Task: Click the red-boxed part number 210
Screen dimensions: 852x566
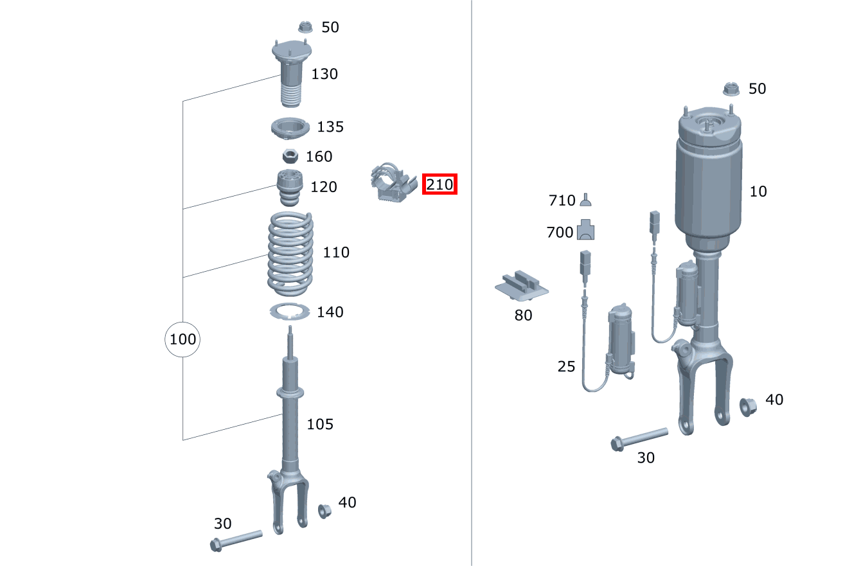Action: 439,184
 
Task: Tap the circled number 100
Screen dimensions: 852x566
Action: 182,339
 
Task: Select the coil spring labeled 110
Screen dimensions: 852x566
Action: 290,254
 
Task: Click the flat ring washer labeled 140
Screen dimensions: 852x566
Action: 289,312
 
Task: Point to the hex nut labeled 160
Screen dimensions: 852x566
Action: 290,156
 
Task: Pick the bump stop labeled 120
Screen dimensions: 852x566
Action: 290,188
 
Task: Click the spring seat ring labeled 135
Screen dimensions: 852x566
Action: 290,128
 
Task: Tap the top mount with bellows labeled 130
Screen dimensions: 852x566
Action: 291,73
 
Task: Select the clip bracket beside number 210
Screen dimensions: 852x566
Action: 394,182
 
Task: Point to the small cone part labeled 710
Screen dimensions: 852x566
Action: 586,200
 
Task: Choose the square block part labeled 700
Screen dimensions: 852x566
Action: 586,230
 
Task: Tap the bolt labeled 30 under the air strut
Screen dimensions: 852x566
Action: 639,439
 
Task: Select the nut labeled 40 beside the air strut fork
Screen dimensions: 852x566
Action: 748,407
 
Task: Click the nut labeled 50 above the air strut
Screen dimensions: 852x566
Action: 731,89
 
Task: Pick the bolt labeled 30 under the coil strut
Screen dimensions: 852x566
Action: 236,540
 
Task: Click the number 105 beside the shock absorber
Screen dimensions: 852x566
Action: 320,424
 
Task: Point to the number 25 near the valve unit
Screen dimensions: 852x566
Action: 566,366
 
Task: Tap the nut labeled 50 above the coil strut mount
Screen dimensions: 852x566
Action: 305,28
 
